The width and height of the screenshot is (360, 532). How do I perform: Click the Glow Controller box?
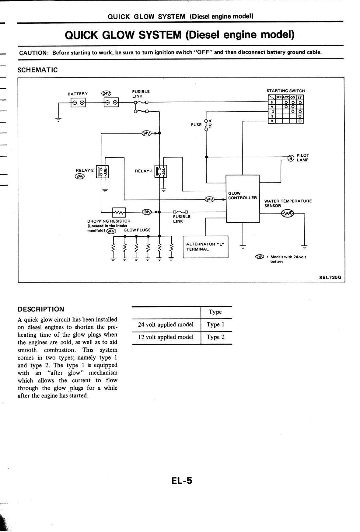242,198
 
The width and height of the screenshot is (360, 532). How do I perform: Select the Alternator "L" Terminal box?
205,247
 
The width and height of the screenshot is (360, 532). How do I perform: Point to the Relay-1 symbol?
161,172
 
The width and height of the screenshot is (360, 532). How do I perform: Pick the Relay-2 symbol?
102,172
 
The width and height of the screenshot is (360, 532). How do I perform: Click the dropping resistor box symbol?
119,212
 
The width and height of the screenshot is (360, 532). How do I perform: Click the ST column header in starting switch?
300,98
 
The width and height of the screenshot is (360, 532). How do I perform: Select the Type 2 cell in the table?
216,337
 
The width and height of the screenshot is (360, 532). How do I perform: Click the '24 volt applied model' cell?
166,325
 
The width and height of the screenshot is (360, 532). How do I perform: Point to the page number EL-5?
182,481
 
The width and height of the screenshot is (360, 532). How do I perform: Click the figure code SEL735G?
330,277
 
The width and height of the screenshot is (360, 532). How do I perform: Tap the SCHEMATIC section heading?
37,70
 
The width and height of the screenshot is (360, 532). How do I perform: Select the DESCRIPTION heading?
41,309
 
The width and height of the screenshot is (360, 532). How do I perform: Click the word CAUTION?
33,53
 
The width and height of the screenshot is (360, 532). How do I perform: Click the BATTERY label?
78,94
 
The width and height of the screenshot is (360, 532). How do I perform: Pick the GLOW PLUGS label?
137,230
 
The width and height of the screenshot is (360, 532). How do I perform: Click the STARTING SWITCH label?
285,91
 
